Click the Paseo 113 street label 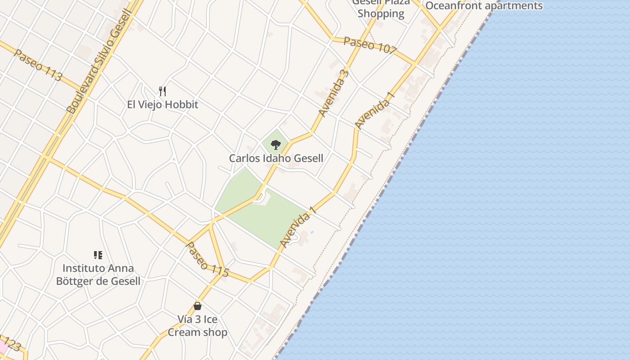pyautogui.click(x=38, y=65)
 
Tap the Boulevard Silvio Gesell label pyautogui.click(x=99, y=61)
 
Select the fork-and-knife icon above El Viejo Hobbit pyautogui.click(x=162, y=91)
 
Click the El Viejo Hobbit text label pyautogui.click(x=162, y=104)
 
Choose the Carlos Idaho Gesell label pyautogui.click(x=276, y=158)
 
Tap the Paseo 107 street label pyautogui.click(x=369, y=45)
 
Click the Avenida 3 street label pyautogui.click(x=333, y=94)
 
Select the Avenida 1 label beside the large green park pyautogui.click(x=298, y=227)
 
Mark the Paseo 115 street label pyautogui.click(x=207, y=260)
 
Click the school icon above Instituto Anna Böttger pyautogui.click(x=98, y=255)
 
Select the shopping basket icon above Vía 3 pyautogui.click(x=197, y=306)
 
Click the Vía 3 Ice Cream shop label pyautogui.click(x=197, y=326)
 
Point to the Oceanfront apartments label pyautogui.click(x=484, y=6)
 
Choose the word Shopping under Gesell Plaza pyautogui.click(x=381, y=13)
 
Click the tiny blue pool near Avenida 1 pyautogui.click(x=312, y=232)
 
